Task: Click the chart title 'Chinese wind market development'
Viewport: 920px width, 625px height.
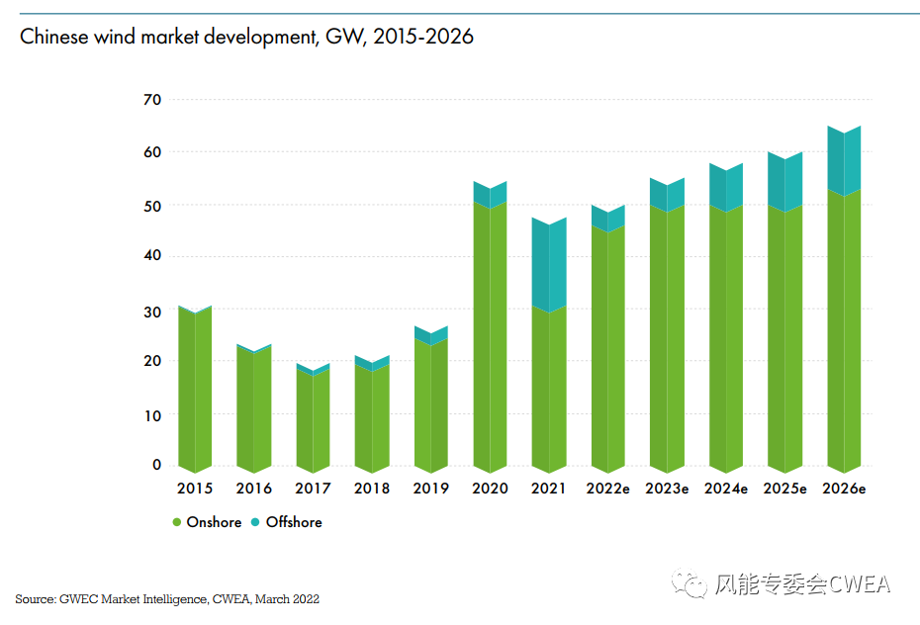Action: coord(246,38)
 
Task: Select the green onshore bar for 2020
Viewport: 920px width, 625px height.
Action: coord(490,336)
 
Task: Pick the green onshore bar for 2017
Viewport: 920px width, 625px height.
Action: coord(314,420)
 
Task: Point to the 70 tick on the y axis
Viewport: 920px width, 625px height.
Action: coord(151,100)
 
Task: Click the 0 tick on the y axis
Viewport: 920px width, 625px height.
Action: coord(156,464)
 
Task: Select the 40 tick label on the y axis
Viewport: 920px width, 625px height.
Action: coord(151,256)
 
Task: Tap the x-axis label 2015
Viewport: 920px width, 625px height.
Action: coord(195,489)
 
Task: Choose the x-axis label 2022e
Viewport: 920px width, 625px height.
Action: coord(607,489)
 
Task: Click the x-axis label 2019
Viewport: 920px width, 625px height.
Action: coord(430,489)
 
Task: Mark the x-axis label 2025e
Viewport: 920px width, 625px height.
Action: coord(784,489)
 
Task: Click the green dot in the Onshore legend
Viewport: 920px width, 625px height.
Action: coord(177,522)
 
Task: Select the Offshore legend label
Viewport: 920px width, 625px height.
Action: coord(294,522)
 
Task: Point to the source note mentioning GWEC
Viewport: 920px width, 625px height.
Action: coord(167,599)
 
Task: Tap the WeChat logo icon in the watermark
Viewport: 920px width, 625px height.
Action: coord(690,583)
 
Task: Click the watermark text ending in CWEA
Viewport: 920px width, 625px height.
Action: coord(802,584)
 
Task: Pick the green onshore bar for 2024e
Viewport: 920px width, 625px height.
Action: coord(725,336)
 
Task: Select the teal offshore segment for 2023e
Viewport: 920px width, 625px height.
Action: coord(667,195)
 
